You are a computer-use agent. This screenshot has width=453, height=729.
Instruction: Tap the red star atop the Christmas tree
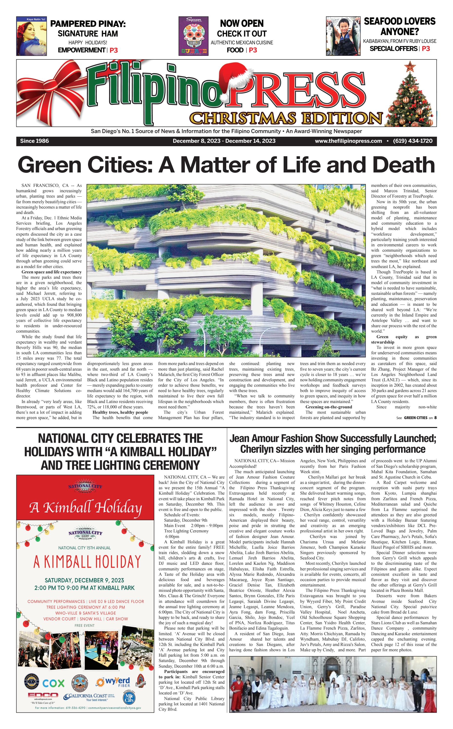(409, 66)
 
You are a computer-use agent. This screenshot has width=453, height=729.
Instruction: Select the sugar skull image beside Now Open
(193, 36)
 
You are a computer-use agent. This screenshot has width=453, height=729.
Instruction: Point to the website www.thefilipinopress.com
(348, 141)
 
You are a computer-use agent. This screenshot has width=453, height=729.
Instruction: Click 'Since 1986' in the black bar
(35, 141)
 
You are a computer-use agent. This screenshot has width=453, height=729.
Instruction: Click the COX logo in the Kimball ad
(53, 683)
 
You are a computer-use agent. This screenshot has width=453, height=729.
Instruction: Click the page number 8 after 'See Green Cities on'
(435, 418)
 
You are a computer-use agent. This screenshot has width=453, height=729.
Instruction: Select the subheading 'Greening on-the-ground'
(329, 407)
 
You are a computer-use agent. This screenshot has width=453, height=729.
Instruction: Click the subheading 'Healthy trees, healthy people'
(120, 412)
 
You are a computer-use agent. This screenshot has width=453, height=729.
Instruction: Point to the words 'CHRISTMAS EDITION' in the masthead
(286, 118)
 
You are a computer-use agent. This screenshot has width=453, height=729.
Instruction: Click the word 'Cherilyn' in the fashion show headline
(258, 449)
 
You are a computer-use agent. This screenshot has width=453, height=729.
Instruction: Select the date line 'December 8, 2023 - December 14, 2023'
(224, 141)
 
